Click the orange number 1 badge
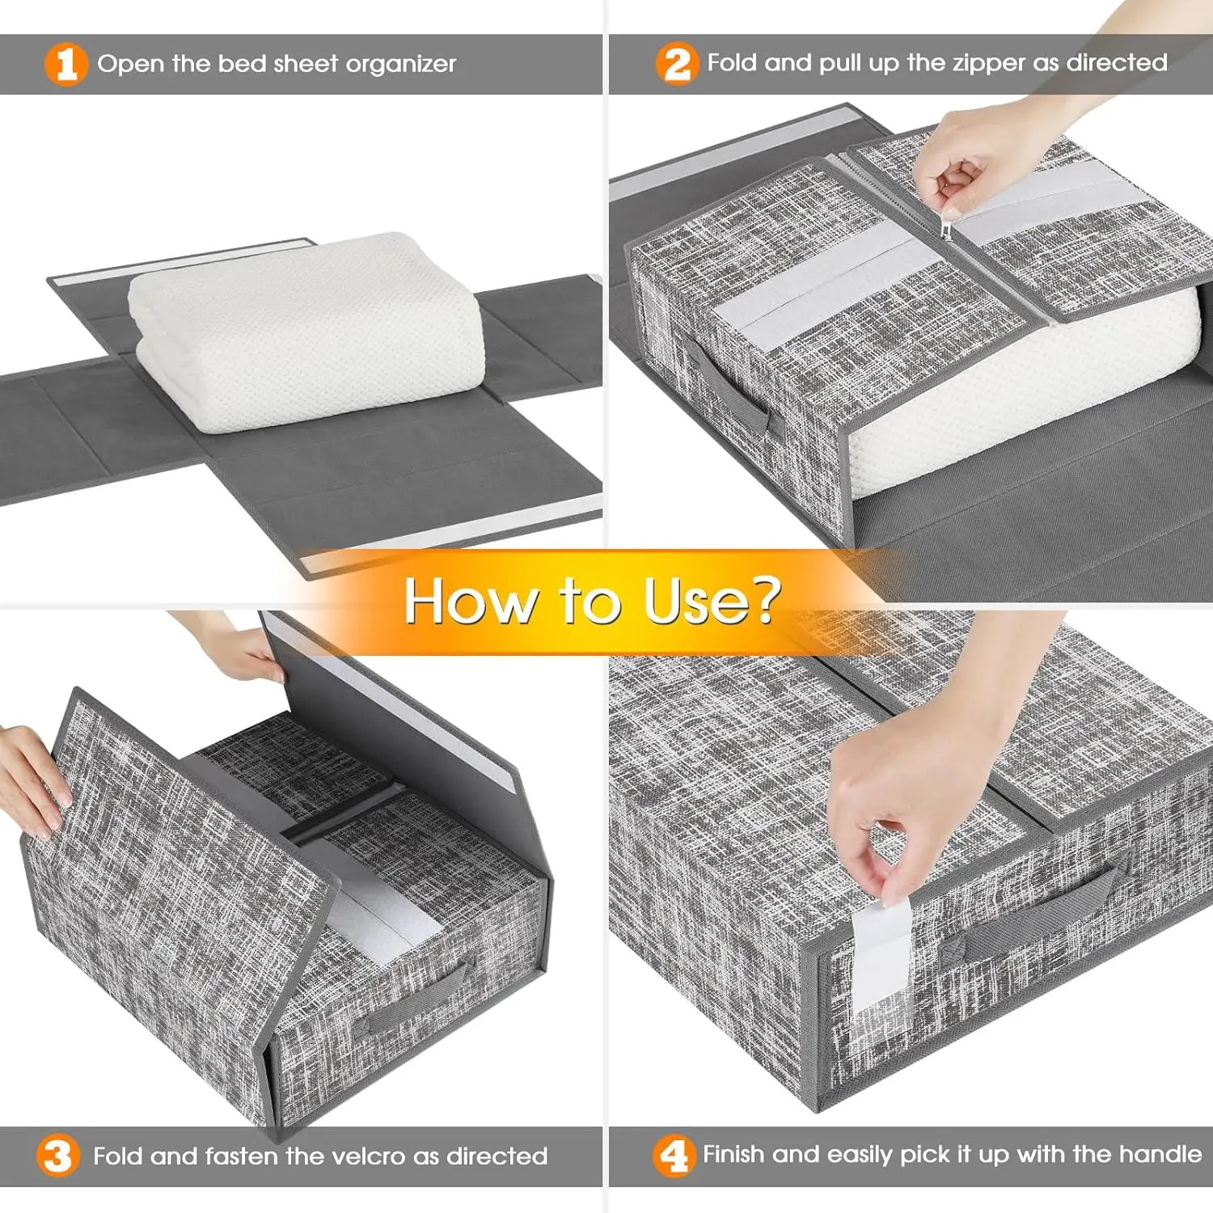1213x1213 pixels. tap(66, 64)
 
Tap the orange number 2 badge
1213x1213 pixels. tap(676, 64)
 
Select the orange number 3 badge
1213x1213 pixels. tap(57, 1156)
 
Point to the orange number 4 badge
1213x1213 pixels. tap(673, 1156)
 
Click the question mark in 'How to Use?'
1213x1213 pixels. tap(760, 600)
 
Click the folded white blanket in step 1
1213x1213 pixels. tap(307, 332)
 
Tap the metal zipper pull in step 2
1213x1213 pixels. tap(946, 230)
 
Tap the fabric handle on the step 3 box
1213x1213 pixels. tap(412, 1003)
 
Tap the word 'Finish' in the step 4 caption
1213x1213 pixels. tap(734, 1154)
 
